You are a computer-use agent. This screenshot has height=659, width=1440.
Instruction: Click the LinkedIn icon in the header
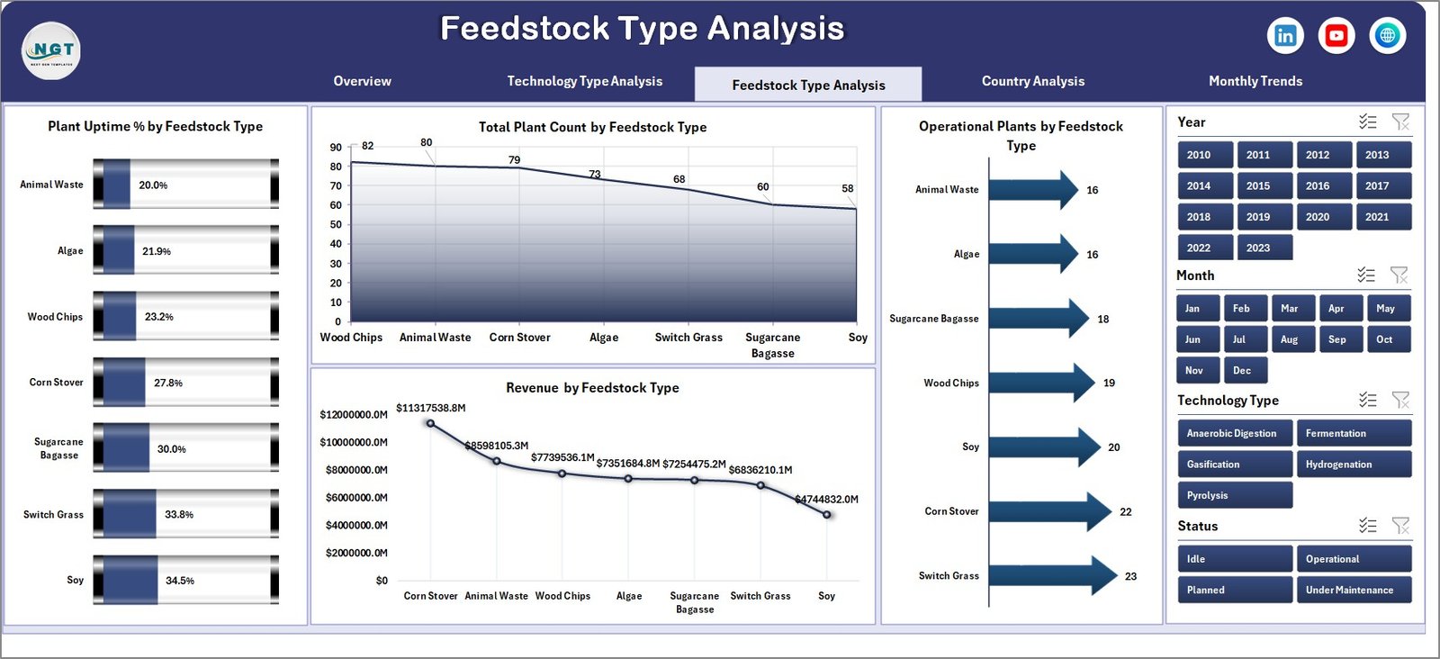pyautogui.click(x=1285, y=35)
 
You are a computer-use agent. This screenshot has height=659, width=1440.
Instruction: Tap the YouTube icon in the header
pyautogui.click(x=1336, y=35)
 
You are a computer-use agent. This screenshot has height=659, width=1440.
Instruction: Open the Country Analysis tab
pyautogui.click(x=1032, y=81)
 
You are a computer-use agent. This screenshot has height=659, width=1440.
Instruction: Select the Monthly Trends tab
pyautogui.click(x=1255, y=81)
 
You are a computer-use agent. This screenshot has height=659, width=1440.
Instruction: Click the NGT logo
pyautogui.click(x=51, y=50)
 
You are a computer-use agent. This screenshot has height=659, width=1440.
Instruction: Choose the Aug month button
pyautogui.click(x=1289, y=339)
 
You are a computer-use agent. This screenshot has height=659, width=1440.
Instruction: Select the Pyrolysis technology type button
pyautogui.click(x=1234, y=495)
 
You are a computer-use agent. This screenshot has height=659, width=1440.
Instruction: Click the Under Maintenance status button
pyautogui.click(x=1352, y=590)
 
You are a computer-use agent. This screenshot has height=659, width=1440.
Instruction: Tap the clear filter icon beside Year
pyautogui.click(x=1400, y=122)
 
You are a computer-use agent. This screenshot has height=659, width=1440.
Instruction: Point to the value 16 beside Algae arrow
pyautogui.click(x=1092, y=255)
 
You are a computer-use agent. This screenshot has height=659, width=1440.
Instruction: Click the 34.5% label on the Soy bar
pyautogui.click(x=180, y=581)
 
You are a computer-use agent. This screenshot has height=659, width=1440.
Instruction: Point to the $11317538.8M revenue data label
pyautogui.click(x=430, y=408)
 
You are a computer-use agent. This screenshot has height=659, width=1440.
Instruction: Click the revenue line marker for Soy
pyautogui.click(x=826, y=514)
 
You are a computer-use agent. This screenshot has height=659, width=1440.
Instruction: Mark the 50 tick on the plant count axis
pyautogui.click(x=336, y=225)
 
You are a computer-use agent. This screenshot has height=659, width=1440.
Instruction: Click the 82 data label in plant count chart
pyautogui.click(x=367, y=146)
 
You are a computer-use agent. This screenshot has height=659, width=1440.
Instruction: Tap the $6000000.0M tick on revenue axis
pyautogui.click(x=356, y=498)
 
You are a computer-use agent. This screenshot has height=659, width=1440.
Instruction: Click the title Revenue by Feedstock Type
pyautogui.click(x=592, y=388)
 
